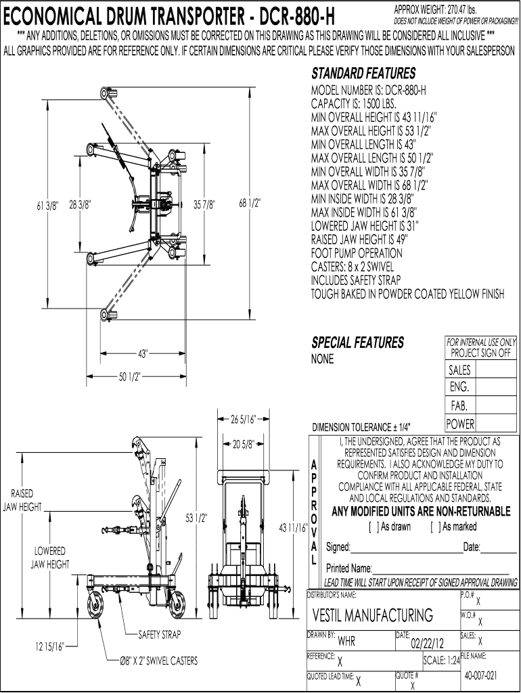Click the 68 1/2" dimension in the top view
(250, 203)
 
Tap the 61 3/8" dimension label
(47, 206)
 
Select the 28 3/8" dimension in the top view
(80, 204)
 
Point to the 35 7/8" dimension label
(204, 204)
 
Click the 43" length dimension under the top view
(142, 353)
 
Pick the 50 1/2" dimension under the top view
(129, 376)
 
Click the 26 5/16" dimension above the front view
(244, 419)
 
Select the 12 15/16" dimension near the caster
(50, 647)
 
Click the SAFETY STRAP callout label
(160, 635)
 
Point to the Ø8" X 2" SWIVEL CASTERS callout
(158, 661)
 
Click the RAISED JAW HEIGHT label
(22, 500)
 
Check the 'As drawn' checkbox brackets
(374, 527)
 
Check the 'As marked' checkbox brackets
(435, 527)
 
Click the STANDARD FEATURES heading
(363, 73)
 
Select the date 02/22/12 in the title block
(428, 643)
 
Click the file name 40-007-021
(481, 675)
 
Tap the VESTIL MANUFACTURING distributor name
(373, 614)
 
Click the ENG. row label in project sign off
(459, 387)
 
